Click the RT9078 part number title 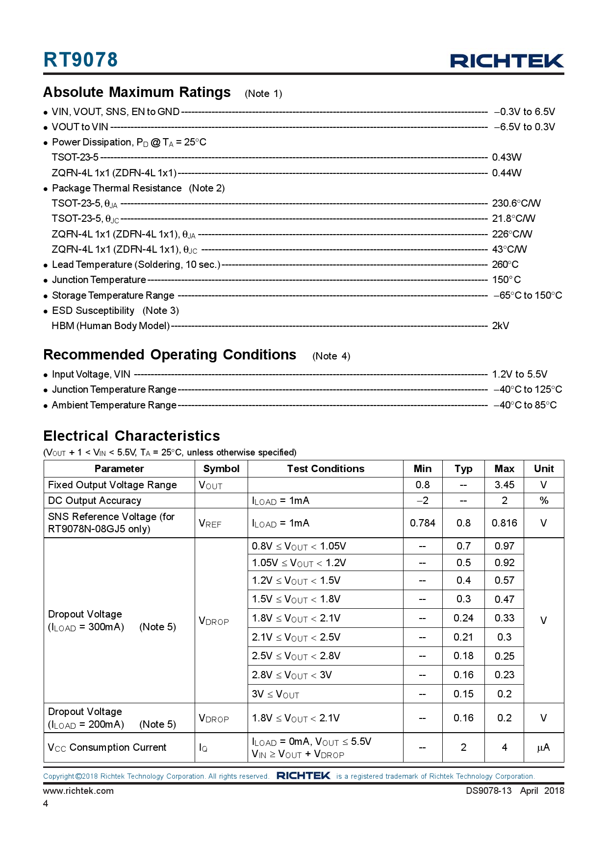pos(80,60)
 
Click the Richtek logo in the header pos(507,61)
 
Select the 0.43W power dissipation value pos(507,157)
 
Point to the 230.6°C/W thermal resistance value pos(516,203)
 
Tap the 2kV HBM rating pos(500,326)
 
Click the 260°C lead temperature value pos(505,264)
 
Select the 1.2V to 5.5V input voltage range pos(519,374)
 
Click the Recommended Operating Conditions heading pos(170,355)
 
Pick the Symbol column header pos(221,469)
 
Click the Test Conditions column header pos(326,469)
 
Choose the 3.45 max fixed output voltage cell pos(504,485)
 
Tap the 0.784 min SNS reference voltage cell pos(422,523)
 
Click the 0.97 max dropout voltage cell pos(504,546)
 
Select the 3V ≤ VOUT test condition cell pos(276,694)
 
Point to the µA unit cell pos(543,747)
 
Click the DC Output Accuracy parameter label pos(95,501)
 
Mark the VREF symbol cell pos(210,524)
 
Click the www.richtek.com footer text pos(78,790)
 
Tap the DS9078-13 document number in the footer pos(488,790)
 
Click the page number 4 pos(46,803)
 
